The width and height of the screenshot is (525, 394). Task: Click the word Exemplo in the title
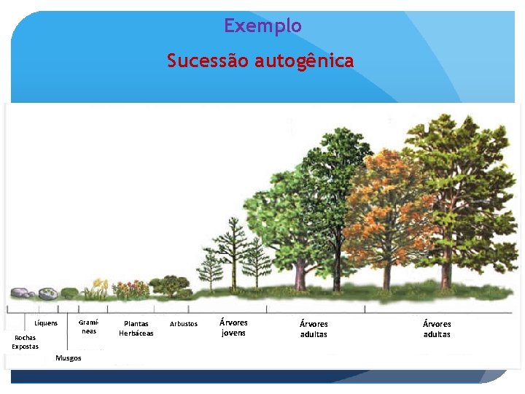pyautogui.click(x=262, y=26)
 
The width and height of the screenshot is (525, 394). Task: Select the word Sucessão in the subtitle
pyautogui.click(x=208, y=61)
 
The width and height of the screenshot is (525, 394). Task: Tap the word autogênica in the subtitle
pyautogui.click(x=304, y=61)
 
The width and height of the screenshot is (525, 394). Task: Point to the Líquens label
pyautogui.click(x=46, y=323)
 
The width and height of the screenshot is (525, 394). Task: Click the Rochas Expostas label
pyautogui.click(x=25, y=341)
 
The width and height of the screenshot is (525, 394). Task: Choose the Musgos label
pyautogui.click(x=69, y=358)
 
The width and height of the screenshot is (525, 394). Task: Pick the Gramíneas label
pyautogui.click(x=88, y=326)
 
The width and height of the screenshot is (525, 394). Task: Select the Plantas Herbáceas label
pyautogui.click(x=136, y=328)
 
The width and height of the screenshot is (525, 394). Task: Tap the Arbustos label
pyautogui.click(x=183, y=323)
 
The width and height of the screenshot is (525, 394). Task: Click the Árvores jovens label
pyautogui.click(x=233, y=328)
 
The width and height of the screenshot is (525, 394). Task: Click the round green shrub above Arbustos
pyautogui.click(x=174, y=285)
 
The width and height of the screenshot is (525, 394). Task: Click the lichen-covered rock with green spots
pyautogui.click(x=48, y=293)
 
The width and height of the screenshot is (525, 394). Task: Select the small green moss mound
pyautogui.click(x=69, y=293)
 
